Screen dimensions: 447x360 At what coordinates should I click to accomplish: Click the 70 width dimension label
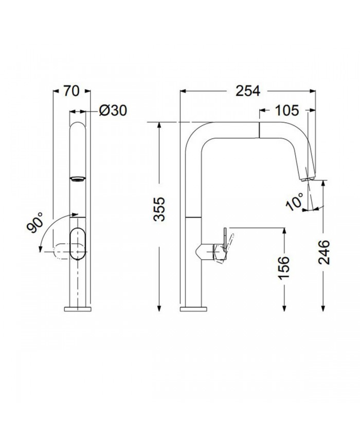72,92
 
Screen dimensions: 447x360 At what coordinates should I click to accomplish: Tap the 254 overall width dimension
248,91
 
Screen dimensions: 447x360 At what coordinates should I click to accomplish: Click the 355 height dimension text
160,209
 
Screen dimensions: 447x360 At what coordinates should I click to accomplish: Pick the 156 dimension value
283,266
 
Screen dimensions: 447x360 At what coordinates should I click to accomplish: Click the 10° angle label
296,202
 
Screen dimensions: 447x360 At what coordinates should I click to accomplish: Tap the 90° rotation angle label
37,222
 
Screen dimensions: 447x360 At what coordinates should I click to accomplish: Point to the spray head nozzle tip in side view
307,177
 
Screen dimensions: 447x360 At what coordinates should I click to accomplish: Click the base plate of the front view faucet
78,309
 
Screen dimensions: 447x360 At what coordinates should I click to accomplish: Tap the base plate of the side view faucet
194,309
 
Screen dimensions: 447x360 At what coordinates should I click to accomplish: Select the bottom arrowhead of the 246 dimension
323,307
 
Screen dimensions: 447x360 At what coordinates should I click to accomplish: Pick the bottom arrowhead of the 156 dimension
283,307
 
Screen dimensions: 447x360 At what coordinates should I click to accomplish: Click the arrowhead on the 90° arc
40,249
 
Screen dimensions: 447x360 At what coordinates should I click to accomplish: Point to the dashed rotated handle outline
59,252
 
